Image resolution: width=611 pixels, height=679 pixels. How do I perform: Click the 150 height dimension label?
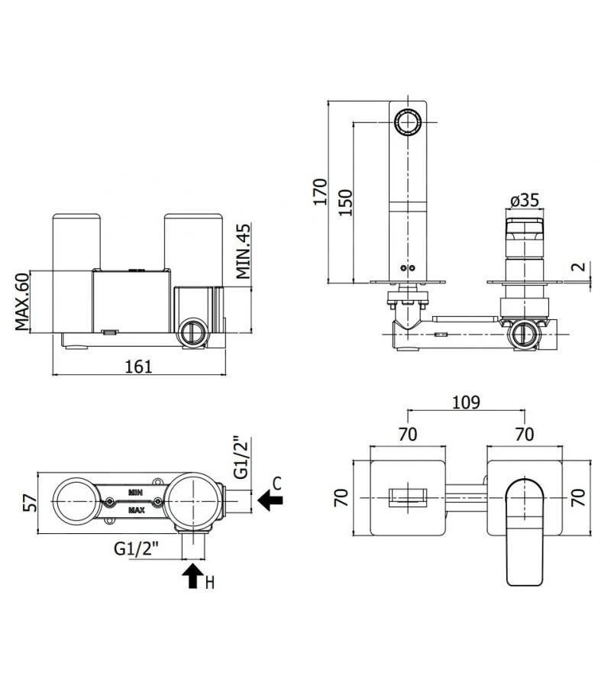point(346,202)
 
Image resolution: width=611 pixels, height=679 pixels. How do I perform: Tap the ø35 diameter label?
point(524,200)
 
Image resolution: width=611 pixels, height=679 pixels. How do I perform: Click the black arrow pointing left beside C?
point(270,500)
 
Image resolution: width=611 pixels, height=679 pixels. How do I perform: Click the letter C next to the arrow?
point(277,483)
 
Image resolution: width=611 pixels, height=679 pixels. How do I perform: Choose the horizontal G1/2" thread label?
point(136,548)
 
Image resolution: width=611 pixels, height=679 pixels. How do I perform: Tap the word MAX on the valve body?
point(137,509)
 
